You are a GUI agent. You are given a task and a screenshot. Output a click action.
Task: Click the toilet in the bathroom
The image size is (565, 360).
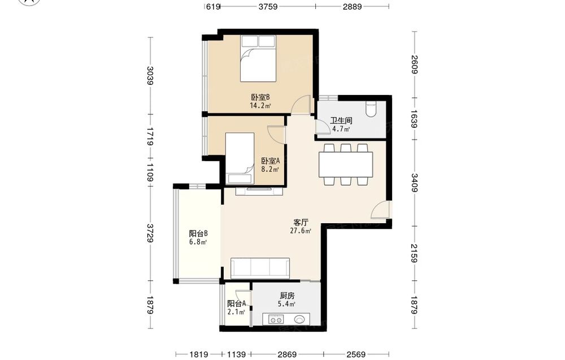(x=371, y=110)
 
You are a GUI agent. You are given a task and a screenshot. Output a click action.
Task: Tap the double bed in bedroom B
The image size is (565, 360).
(x=258, y=58)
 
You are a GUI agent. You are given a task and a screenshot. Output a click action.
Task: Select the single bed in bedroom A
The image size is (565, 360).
(x=240, y=159)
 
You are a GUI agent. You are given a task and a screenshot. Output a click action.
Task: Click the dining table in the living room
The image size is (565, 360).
(x=346, y=164)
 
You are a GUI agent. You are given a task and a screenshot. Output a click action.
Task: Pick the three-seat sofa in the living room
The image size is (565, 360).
(x=260, y=268)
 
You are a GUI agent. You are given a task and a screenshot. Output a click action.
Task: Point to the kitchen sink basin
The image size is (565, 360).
(x=300, y=319)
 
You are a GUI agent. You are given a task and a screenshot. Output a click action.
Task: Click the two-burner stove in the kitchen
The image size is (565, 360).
(x=276, y=319)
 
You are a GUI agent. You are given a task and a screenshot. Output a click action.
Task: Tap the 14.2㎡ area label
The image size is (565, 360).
(x=260, y=106)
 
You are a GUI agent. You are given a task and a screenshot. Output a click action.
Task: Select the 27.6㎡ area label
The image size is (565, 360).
(x=301, y=231)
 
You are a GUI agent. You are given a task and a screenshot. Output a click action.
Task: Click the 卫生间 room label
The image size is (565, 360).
(x=341, y=121)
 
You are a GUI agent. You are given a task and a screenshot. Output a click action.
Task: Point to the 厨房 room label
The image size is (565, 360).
(x=287, y=296)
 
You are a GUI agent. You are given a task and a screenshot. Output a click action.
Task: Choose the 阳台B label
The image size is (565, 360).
(x=198, y=233)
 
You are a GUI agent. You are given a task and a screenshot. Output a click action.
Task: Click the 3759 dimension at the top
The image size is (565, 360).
(x=268, y=6)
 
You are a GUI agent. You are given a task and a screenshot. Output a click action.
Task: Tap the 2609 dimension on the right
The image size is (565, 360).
(x=414, y=64)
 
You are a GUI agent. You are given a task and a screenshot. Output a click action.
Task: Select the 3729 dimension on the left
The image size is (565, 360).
(x=150, y=233)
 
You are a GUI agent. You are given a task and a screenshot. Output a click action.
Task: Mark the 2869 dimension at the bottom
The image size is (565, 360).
(x=287, y=354)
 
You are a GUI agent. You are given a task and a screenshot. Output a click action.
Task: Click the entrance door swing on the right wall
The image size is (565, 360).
(x=380, y=210)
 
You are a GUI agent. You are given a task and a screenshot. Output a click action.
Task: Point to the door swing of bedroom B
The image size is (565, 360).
(x=301, y=105)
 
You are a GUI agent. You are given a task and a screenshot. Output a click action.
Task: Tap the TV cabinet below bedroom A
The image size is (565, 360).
(x=259, y=191)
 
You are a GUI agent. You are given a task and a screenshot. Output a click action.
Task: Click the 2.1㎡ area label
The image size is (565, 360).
(x=236, y=312)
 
